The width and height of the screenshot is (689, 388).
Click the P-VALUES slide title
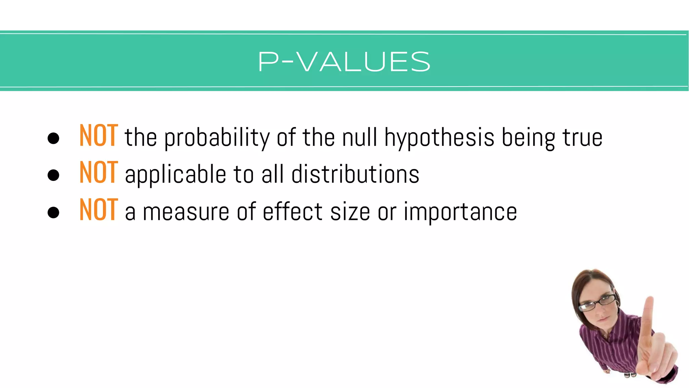pyautogui.click(x=344, y=62)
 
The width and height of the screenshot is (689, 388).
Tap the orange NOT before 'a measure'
pyautogui.click(x=99, y=210)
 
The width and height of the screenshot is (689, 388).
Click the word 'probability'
pyautogui.click(x=217, y=138)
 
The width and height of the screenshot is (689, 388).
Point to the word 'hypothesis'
pyautogui.click(x=439, y=138)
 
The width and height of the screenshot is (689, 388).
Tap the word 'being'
pyautogui.click(x=529, y=138)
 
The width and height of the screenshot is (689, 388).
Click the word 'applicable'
pyautogui.click(x=175, y=175)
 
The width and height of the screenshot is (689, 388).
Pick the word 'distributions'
pyautogui.click(x=355, y=174)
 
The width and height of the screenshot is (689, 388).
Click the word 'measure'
pyautogui.click(x=186, y=212)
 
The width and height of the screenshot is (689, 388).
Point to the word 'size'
pyautogui.click(x=350, y=212)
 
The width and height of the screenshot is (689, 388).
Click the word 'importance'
pyautogui.click(x=460, y=212)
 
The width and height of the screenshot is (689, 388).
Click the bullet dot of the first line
pyautogui.click(x=53, y=138)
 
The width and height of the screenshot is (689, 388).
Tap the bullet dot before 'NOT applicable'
pyautogui.click(x=53, y=175)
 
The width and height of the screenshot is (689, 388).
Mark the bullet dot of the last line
pyautogui.click(x=53, y=213)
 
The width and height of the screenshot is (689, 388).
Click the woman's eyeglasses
pyautogui.click(x=598, y=303)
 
